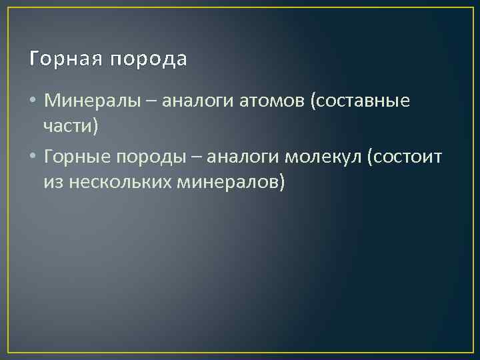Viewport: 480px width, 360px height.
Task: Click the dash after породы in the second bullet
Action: (x=198, y=158)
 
